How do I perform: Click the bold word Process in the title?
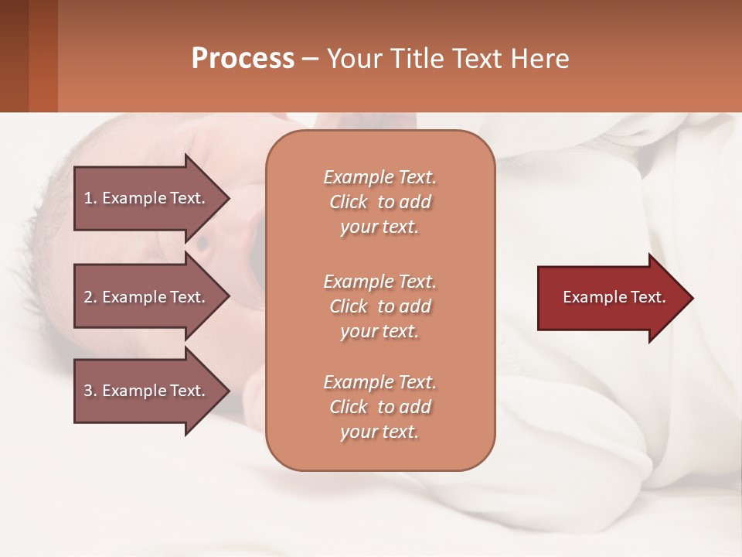pos(243,59)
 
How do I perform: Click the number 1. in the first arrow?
pos(90,198)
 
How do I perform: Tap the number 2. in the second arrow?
pos(90,297)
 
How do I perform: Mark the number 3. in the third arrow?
pos(90,391)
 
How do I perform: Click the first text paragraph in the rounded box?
pos(380,202)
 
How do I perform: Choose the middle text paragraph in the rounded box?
pos(380,306)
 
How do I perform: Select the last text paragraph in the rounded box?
pos(380,407)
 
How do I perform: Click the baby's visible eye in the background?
pos(203,243)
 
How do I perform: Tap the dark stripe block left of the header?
pos(29,56)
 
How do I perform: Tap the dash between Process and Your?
pos(310,59)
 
